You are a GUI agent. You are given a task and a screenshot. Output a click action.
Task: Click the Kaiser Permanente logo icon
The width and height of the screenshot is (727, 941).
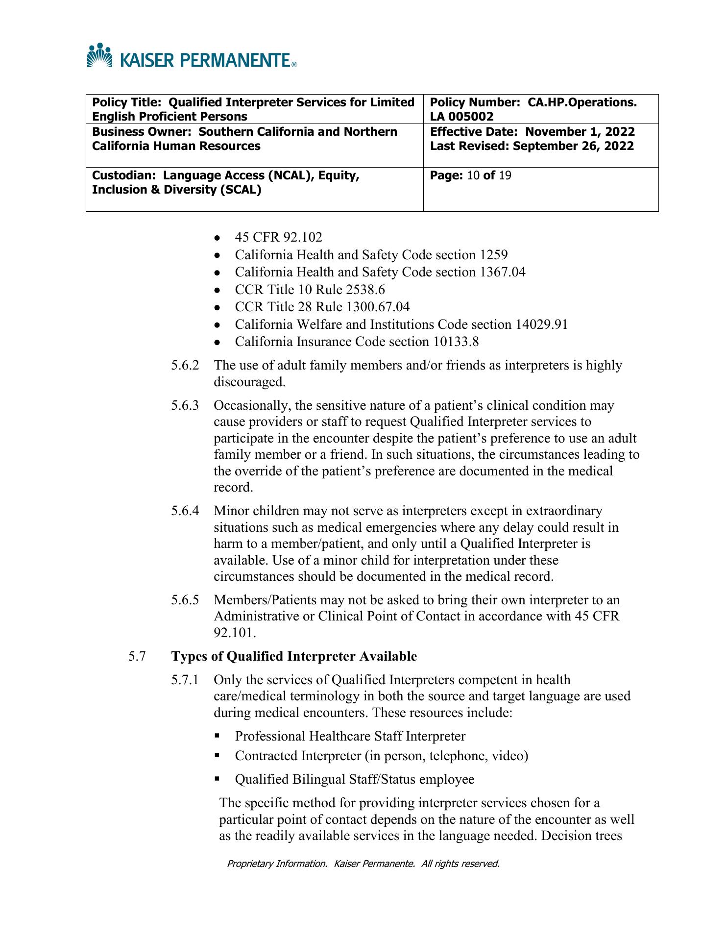click(x=99, y=55)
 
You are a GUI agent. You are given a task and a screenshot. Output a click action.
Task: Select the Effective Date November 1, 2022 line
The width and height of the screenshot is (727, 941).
click(x=532, y=132)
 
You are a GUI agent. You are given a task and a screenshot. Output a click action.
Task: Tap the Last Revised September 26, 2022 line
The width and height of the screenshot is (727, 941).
click(x=532, y=146)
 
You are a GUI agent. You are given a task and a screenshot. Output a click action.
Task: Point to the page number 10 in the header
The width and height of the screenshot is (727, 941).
click(x=473, y=175)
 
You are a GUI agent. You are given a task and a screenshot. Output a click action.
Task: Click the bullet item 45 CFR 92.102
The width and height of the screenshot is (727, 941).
click(x=278, y=238)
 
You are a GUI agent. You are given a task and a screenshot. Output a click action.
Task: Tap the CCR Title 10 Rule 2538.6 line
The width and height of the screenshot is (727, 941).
click(x=310, y=290)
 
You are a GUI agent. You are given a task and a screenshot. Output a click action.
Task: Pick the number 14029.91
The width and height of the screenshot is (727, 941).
click(x=541, y=324)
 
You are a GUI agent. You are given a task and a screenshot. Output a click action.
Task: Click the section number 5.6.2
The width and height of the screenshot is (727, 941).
click(x=185, y=365)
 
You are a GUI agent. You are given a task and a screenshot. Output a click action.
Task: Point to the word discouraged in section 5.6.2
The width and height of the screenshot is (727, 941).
click(x=249, y=382)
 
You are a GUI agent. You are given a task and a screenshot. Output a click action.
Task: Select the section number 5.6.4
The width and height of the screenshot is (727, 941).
click(x=185, y=511)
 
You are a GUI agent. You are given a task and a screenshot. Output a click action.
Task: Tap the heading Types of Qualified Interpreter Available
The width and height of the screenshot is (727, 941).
click(x=294, y=656)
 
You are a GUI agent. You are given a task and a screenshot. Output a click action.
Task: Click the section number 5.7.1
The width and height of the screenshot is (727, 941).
click(x=185, y=680)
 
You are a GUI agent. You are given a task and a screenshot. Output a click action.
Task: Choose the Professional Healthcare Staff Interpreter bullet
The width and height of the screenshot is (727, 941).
click(x=350, y=736)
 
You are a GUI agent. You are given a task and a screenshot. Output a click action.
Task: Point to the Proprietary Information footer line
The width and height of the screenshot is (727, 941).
click(x=363, y=864)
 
